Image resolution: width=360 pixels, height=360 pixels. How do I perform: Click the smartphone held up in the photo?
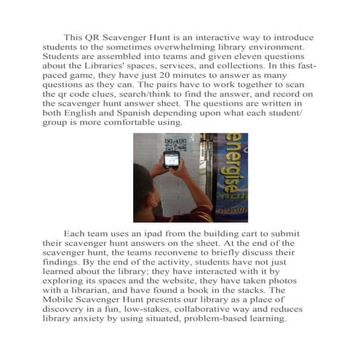[172, 159]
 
